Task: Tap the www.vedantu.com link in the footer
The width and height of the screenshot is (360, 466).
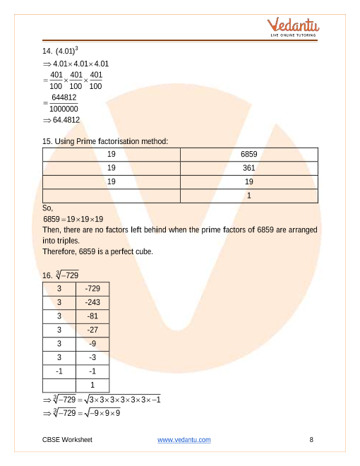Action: pyautogui.click(x=184, y=440)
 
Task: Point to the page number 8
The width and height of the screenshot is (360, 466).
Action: pyautogui.click(x=311, y=440)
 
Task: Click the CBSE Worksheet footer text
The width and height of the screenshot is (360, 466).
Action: pyautogui.click(x=67, y=440)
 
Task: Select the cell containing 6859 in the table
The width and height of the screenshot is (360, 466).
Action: pyautogui.click(x=250, y=155)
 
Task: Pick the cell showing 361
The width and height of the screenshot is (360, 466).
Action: pyautogui.click(x=250, y=168)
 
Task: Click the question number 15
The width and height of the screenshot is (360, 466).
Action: pyautogui.click(x=47, y=141)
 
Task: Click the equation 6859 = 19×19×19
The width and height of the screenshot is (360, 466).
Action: pyautogui.click(x=73, y=219)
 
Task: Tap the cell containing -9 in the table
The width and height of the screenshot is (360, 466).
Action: pyautogui.click(x=92, y=343)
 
